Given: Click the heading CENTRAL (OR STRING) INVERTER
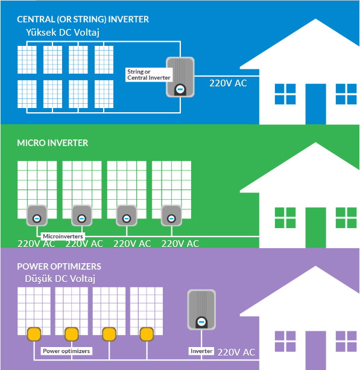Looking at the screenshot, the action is point(83,19).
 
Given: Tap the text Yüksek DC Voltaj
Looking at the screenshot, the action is point(63,33).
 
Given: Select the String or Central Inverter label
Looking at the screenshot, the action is point(149,75).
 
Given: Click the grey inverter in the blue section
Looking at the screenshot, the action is point(180,77).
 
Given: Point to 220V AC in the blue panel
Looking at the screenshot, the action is point(228,83).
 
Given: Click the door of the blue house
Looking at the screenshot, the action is point(315,104).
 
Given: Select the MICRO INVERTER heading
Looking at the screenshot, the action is point(52,143).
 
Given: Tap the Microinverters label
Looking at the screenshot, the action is point(63,236).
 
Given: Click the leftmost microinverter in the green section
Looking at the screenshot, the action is point(37,215).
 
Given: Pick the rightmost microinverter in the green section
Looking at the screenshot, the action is point(171,215).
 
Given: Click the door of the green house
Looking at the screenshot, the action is point(315,228).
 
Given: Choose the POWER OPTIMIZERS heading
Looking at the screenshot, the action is point(59,267).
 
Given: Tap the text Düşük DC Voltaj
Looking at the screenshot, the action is point(60,279).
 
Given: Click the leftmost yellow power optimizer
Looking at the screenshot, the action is point(34,334).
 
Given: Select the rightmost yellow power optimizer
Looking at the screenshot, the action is point(147,334).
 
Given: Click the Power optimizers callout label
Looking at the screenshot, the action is point(66,351).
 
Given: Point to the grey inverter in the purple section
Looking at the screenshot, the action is point(201,310).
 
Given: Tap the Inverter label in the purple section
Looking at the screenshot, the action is point(201,351).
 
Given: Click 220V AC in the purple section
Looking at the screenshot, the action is point(236,352).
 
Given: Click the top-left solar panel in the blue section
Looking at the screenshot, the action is point(27,60).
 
